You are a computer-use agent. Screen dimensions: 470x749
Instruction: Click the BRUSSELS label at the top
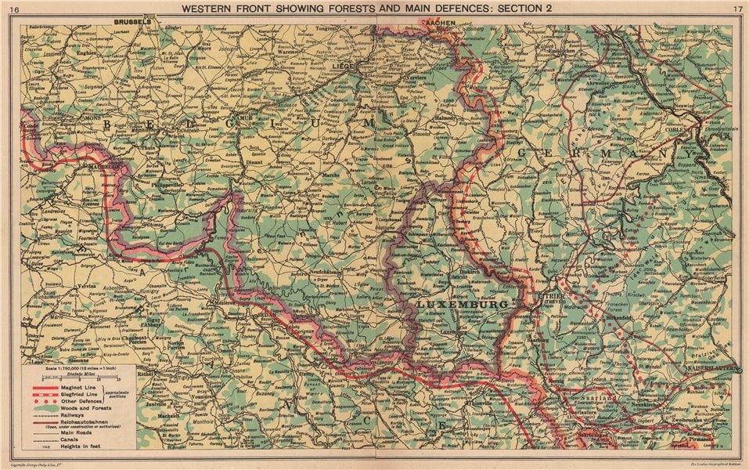click(131, 23)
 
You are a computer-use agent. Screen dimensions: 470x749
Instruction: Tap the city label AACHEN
click(435, 23)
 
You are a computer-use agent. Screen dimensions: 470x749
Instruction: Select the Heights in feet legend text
click(78, 443)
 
